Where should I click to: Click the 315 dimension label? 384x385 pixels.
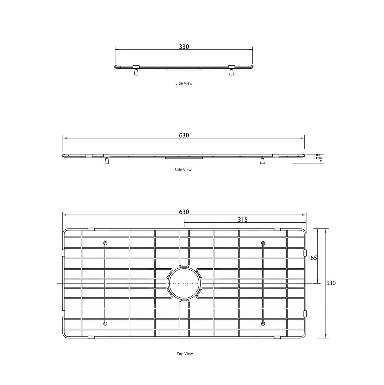click(243, 220)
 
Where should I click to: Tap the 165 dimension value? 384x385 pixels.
click(312, 258)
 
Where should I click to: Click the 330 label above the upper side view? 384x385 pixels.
click(184, 47)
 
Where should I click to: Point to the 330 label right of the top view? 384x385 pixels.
click(331, 283)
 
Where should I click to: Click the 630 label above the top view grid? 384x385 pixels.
click(184, 212)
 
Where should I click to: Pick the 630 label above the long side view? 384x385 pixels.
click(184, 135)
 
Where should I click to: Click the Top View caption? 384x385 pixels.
click(185, 354)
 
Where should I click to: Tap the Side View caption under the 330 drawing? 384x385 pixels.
click(184, 83)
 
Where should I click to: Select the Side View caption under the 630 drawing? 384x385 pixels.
click(183, 170)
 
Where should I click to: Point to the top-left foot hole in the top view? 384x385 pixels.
click(105, 243)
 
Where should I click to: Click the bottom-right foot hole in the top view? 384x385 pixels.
click(263, 323)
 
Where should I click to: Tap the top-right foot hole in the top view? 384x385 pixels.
click(263, 243)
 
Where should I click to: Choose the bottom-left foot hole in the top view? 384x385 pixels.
click(105, 323)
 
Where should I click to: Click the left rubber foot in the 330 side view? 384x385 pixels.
click(136, 72)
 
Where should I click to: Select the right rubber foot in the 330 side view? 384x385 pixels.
click(231, 72)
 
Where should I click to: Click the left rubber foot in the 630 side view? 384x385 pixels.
click(107, 161)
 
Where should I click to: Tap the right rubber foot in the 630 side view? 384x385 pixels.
click(262, 161)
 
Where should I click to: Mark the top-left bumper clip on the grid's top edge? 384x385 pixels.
click(91, 229)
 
